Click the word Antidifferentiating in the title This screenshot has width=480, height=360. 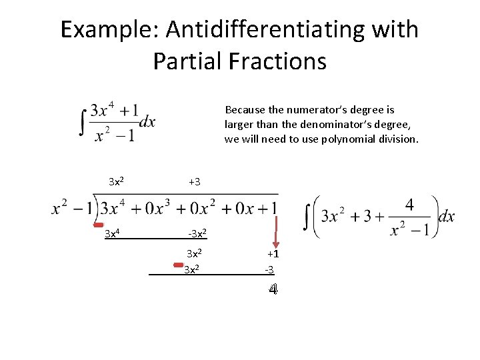click(267, 29)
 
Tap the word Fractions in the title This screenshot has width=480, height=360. click(277, 61)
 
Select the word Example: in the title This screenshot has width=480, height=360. click(109, 29)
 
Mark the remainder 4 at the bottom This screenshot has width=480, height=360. click(273, 289)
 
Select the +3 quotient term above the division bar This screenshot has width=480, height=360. click(194, 181)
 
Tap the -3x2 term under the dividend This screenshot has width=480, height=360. click(197, 233)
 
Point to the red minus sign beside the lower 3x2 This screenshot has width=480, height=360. click(178, 265)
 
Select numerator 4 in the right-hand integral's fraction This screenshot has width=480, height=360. click(409, 204)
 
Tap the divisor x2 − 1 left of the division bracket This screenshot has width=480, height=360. click(71, 208)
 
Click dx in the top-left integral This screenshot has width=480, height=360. click(147, 121)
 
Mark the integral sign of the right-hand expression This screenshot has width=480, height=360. click(307, 217)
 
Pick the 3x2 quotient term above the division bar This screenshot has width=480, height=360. click(119, 181)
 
